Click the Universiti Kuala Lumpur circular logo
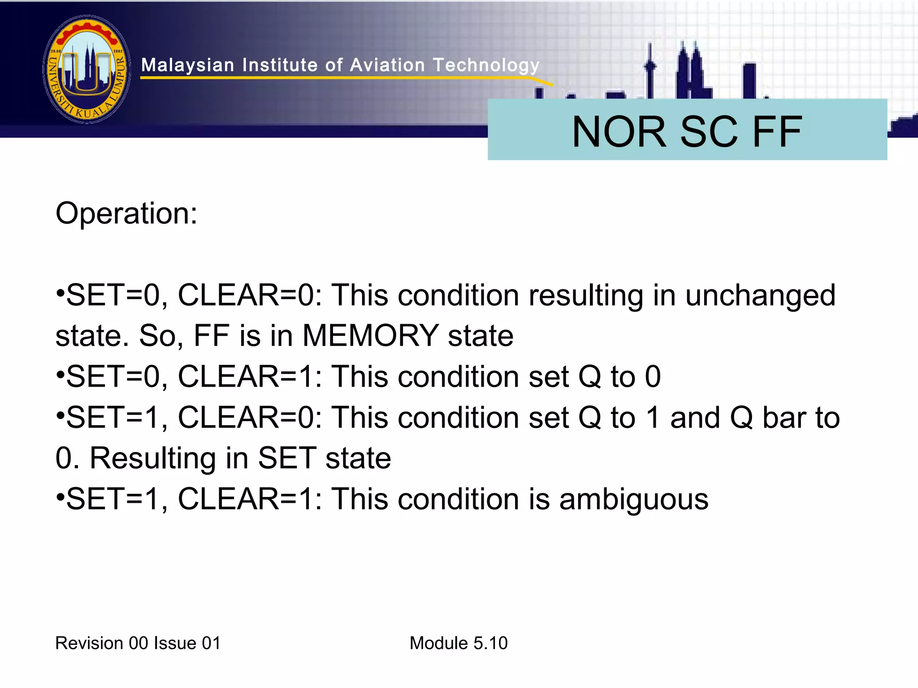[87, 70]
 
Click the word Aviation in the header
[387, 65]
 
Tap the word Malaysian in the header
[188, 65]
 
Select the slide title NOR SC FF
[687, 131]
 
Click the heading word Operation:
[126, 213]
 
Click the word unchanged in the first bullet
[760, 296]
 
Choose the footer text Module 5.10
[459, 643]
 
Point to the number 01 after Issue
[211, 643]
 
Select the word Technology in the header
[486, 65]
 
